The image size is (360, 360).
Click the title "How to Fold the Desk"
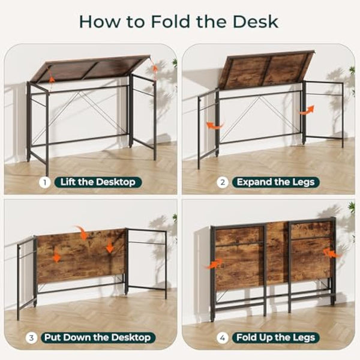[x=179, y=22]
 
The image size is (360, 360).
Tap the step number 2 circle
[x=223, y=182]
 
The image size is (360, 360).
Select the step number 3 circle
[x=31, y=337]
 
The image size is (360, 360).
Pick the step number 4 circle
[x=223, y=337]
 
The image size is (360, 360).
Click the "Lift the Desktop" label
[x=98, y=182]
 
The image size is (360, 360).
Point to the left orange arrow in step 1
[x=52, y=79]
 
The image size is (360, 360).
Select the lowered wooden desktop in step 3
[x=81, y=255]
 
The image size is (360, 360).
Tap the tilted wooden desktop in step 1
[x=90, y=67]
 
